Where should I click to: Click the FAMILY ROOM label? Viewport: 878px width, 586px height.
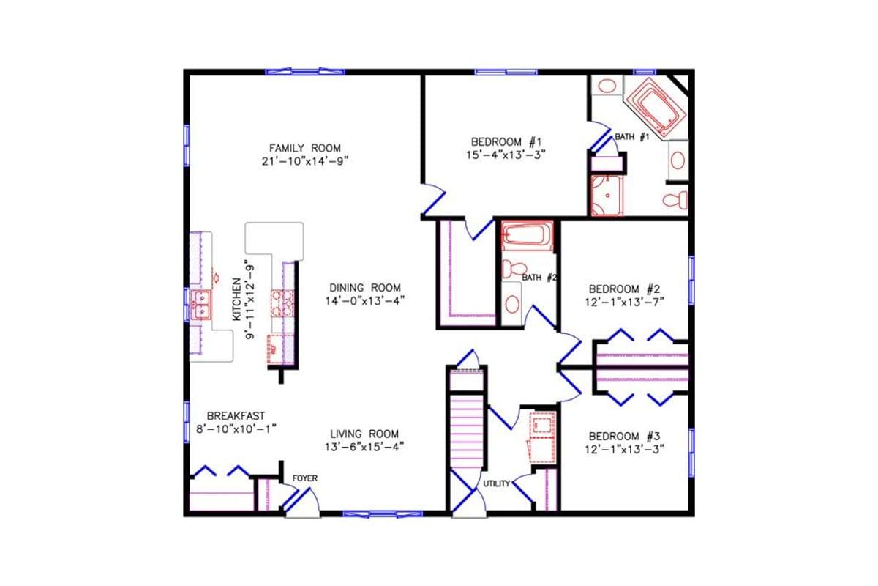coord(304,147)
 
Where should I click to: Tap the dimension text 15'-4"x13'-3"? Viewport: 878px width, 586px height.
coord(506,155)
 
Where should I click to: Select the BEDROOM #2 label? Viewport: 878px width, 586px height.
coord(625,288)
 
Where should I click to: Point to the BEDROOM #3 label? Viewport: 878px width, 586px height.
coord(625,434)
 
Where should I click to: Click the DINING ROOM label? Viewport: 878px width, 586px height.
coord(364,288)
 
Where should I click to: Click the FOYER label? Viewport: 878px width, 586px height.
coord(304,478)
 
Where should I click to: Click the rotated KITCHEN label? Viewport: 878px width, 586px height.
coord(236,300)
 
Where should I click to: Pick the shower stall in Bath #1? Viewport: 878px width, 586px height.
coord(606,196)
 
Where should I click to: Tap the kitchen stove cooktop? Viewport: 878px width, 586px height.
coord(282,303)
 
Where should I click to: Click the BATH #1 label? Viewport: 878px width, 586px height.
coord(631,137)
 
